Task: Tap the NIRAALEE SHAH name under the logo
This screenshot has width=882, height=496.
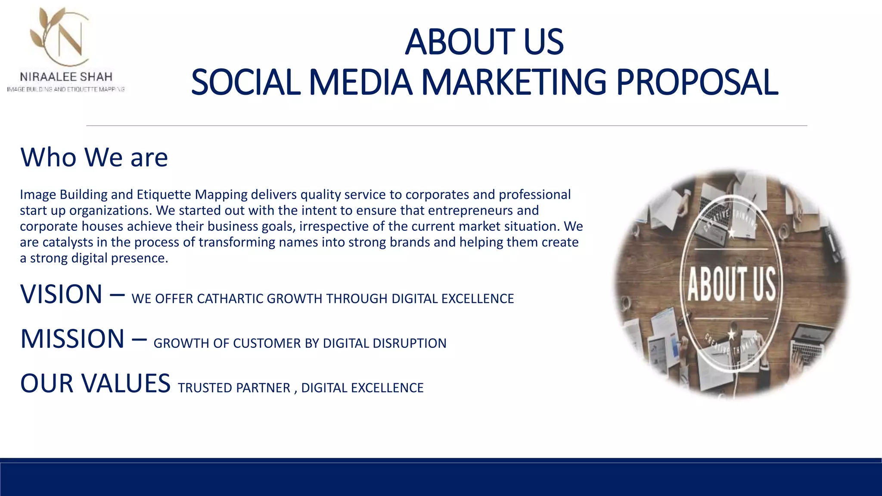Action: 66,77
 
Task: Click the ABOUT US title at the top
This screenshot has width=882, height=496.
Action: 484,42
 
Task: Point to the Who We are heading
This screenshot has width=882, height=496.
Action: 94,157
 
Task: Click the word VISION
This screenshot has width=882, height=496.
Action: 61,294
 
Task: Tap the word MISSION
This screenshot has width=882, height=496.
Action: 72,339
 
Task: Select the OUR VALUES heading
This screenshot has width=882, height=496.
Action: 95,383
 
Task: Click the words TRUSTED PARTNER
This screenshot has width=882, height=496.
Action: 234,388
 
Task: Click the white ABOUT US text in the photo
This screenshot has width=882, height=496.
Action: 731,284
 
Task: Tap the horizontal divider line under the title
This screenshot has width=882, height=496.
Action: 447,126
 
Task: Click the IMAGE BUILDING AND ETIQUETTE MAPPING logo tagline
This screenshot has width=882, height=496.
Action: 66,90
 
